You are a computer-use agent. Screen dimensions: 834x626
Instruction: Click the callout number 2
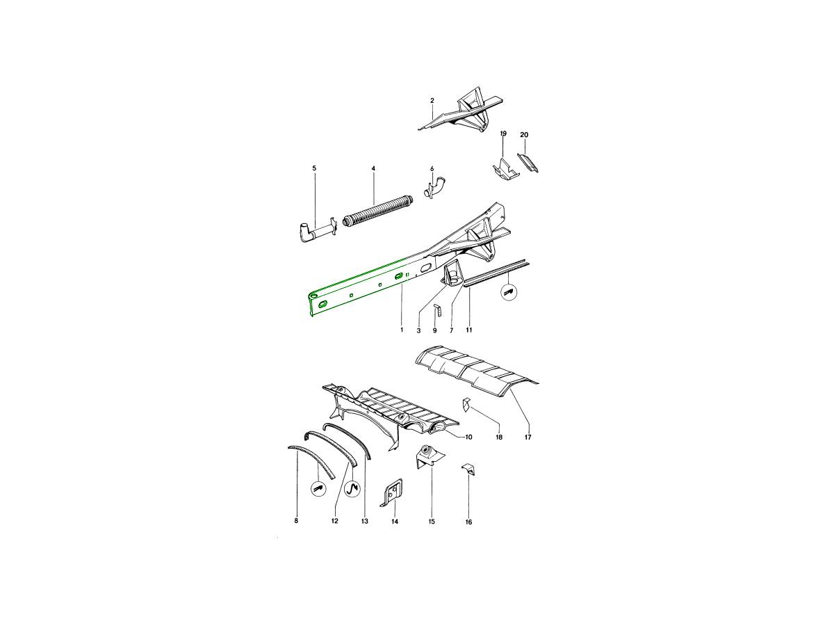click(432, 100)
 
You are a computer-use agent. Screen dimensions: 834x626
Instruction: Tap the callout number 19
click(503, 134)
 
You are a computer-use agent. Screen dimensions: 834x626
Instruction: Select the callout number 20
click(524, 134)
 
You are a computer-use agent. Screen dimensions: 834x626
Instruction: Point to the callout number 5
click(314, 168)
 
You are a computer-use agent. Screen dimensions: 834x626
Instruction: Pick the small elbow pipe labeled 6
click(434, 186)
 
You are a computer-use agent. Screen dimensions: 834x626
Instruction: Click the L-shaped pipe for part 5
click(315, 231)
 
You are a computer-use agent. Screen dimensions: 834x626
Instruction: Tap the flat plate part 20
click(528, 162)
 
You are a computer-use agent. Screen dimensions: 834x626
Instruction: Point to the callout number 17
click(528, 438)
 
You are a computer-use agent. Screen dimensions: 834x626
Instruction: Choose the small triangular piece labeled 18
click(466, 406)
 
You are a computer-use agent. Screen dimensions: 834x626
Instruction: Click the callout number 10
click(468, 437)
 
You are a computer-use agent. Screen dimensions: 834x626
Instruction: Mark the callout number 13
click(365, 521)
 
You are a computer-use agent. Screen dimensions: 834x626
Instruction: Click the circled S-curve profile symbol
click(352, 490)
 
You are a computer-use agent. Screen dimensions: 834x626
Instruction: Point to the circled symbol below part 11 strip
click(510, 293)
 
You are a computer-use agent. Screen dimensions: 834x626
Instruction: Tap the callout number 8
click(296, 521)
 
